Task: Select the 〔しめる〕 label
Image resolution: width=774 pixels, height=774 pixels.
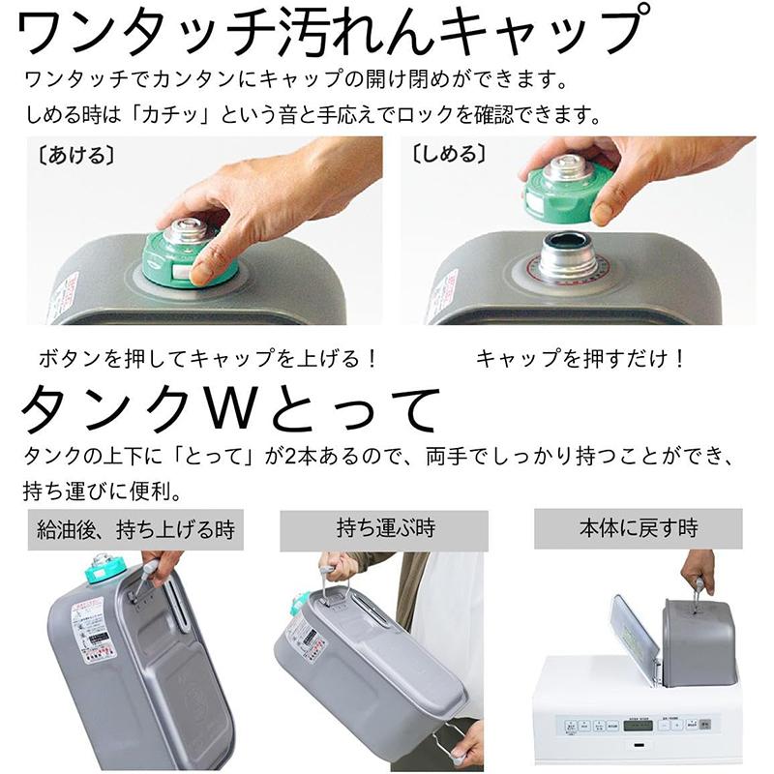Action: click(x=448, y=154)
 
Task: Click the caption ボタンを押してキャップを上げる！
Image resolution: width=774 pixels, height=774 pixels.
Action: click(x=205, y=359)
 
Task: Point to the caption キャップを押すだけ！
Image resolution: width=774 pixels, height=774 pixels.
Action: click(x=580, y=359)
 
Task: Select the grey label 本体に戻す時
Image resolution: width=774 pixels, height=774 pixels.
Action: click(x=638, y=529)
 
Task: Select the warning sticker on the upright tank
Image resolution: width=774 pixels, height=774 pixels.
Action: click(x=92, y=630)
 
